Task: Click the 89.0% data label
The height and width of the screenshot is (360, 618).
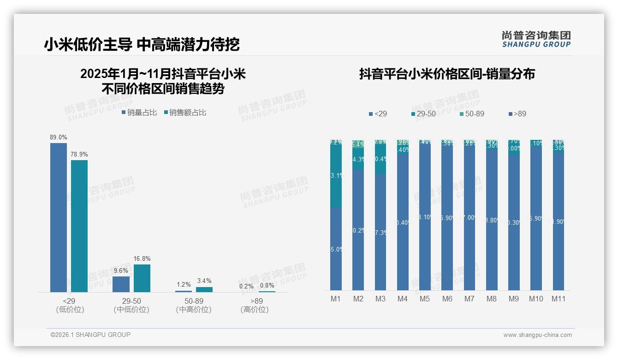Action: (x=59, y=137)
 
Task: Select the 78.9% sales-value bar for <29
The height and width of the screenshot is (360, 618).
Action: (x=79, y=226)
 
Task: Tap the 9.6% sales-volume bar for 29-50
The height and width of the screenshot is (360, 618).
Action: (x=121, y=284)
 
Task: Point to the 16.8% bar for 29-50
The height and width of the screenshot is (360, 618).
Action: (x=142, y=278)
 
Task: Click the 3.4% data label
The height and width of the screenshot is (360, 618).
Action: (x=204, y=281)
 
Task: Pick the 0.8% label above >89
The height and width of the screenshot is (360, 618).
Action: (x=267, y=285)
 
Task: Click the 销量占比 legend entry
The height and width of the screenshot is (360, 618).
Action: (x=139, y=113)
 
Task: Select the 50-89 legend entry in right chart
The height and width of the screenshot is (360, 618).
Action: (x=472, y=114)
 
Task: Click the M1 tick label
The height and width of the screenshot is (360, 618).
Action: (x=336, y=299)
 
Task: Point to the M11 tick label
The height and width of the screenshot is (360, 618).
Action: (x=559, y=299)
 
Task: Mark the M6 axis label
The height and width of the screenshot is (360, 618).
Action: (x=447, y=299)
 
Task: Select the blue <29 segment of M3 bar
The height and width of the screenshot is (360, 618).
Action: (x=380, y=232)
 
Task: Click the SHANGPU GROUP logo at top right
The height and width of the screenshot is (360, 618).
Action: (x=536, y=39)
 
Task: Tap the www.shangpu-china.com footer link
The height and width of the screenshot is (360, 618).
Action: (x=537, y=335)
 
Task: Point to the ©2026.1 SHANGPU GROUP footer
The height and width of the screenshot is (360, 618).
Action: (x=90, y=335)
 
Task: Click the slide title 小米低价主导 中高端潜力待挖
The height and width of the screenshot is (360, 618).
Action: (x=142, y=44)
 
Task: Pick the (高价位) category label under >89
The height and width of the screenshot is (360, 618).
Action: (x=254, y=310)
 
